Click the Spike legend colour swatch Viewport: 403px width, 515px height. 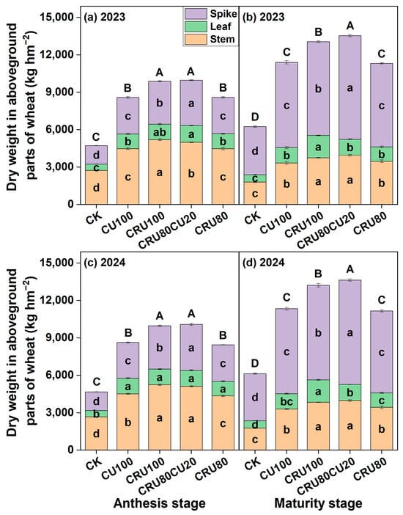tap(196, 14)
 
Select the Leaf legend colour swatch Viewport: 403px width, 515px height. tap(196, 26)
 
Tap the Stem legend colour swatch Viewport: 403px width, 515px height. tap(196, 39)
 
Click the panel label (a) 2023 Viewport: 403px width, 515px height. tap(105, 17)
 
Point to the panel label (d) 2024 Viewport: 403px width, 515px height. tap(264, 263)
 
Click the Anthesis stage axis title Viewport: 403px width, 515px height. tap(160, 503)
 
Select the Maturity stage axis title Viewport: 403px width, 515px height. tap(318, 503)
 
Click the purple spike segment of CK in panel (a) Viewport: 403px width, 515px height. tap(97, 155)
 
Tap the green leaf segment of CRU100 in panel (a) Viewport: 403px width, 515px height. tap(160, 132)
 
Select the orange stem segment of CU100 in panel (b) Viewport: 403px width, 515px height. tap(286, 183)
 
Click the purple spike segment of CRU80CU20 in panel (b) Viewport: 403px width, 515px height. tap(350, 87)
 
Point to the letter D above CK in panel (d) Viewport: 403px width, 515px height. tap(255, 363)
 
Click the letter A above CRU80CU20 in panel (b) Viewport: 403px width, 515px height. tap(350, 26)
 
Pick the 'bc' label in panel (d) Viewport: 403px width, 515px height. tap(286, 402)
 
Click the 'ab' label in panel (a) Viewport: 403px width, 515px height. tap(160, 132)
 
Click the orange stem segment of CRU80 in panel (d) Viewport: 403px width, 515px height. tap(381, 428)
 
